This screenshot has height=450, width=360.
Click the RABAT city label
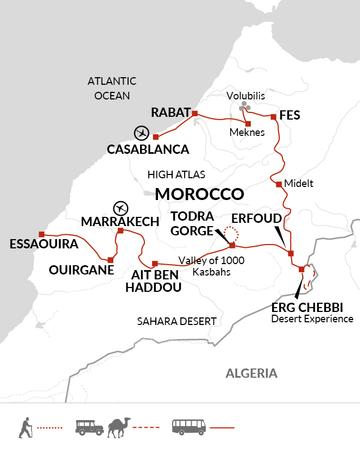pyautogui.click(x=168, y=114)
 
